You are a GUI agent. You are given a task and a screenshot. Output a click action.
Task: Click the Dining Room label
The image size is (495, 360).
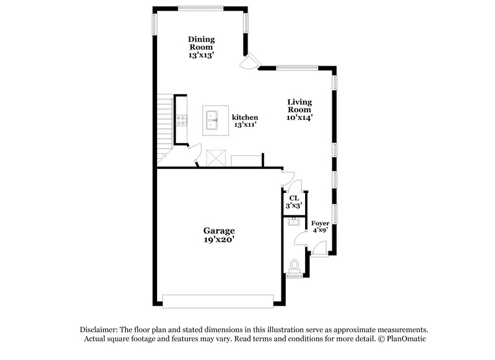(x=201, y=43)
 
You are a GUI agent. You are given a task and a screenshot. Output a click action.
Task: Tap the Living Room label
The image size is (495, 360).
(x=299, y=105)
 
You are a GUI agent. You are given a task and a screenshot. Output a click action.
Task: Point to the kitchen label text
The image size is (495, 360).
(x=245, y=117)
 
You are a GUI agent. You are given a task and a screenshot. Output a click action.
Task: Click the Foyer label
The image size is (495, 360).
(x=319, y=223)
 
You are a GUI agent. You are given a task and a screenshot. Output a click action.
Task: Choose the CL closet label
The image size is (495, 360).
(x=294, y=198)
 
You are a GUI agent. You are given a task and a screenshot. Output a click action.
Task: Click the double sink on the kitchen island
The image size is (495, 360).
(x=212, y=119)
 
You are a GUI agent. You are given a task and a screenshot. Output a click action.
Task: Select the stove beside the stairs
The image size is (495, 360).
(x=182, y=120)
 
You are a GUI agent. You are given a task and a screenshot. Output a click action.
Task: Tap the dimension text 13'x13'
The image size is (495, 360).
(x=201, y=55)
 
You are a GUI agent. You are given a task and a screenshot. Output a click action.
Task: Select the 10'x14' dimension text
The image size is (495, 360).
(x=299, y=118)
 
